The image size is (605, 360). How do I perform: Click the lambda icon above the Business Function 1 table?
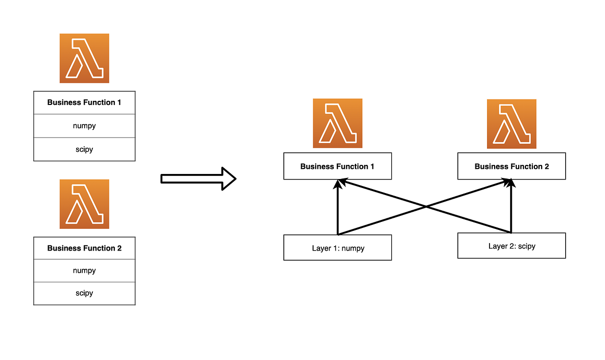[84, 58]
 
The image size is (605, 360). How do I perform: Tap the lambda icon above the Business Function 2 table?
[84, 204]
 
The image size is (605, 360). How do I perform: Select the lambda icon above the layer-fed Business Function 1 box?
[337, 123]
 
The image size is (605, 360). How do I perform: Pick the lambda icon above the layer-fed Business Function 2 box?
[511, 124]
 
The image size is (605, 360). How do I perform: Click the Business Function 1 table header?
[84, 102]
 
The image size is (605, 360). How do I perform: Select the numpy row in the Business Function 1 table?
[84, 126]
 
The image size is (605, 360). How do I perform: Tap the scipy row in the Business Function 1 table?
[84, 149]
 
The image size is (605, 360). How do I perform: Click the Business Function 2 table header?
[84, 248]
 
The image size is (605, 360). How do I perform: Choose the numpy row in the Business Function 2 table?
[84, 271]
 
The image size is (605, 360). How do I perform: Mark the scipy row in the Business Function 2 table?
[84, 293]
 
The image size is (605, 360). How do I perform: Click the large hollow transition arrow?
[198, 178]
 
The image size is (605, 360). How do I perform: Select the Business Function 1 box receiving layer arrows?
[337, 166]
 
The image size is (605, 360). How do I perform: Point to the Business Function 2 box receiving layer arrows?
[511, 166]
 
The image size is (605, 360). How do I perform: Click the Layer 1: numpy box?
[337, 248]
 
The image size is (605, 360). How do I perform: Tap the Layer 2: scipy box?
[511, 246]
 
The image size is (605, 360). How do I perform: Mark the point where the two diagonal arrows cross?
[426, 207]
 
